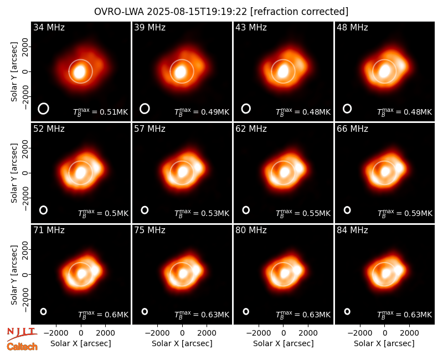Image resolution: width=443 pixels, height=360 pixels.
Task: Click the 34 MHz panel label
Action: click(x=49, y=27)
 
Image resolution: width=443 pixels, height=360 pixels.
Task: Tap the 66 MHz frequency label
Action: click(x=352, y=129)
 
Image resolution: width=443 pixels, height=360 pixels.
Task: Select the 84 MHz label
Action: click(x=352, y=230)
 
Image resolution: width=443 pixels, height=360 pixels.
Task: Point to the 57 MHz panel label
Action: click(x=150, y=129)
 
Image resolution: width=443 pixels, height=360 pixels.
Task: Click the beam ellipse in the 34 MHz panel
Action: click(x=43, y=109)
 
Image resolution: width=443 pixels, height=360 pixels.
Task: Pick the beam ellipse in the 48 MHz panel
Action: click(x=347, y=109)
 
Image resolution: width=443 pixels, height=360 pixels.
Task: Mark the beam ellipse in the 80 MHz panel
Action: click(x=246, y=311)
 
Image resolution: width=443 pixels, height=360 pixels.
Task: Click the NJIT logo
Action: click(x=22, y=333)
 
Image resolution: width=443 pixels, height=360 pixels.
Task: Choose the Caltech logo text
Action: click(x=22, y=347)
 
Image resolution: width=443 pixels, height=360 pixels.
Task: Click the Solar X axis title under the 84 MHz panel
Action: click(x=384, y=343)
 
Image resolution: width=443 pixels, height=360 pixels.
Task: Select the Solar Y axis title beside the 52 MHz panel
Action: click(x=14, y=173)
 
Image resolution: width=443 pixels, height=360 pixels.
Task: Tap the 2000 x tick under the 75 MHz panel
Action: click(x=207, y=333)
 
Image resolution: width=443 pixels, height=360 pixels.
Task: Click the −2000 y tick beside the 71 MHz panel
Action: click(x=25, y=300)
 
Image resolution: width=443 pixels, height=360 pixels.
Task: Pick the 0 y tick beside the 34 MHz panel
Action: click(x=25, y=72)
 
